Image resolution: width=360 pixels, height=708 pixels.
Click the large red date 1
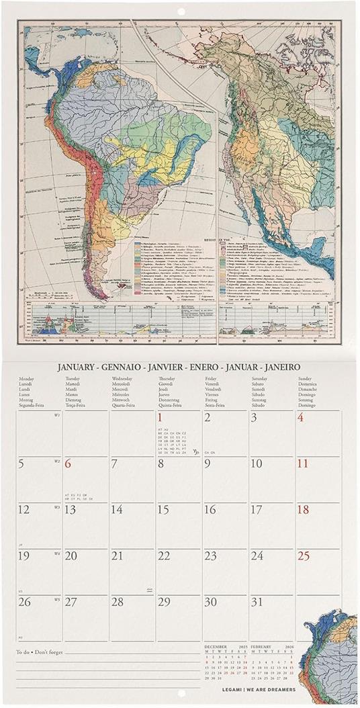[x=161, y=418]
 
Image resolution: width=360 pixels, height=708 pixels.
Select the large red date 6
[x=69, y=463]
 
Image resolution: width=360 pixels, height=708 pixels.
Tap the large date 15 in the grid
[x=163, y=510]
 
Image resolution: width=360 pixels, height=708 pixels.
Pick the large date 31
[x=256, y=602]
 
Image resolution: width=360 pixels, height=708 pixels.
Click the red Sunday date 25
[x=304, y=556]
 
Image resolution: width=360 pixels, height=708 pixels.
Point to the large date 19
[x=24, y=556]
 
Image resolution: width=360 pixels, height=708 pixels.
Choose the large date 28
[x=117, y=602]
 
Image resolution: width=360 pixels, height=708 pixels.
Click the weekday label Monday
[x=27, y=379]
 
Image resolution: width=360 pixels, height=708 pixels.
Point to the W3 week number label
[x=57, y=506]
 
